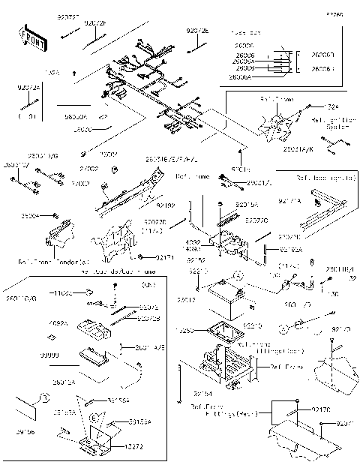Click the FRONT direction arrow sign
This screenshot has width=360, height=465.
click(x=31, y=39)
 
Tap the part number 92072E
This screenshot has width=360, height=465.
click(x=198, y=31)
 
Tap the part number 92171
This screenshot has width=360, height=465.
click(x=166, y=257)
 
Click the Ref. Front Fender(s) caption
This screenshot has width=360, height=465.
click(x=49, y=262)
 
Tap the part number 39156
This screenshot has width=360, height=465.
click(x=24, y=431)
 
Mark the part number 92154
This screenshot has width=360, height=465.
click(x=202, y=393)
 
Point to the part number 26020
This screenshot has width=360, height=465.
click(x=83, y=130)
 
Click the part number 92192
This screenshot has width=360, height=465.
click(x=166, y=205)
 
